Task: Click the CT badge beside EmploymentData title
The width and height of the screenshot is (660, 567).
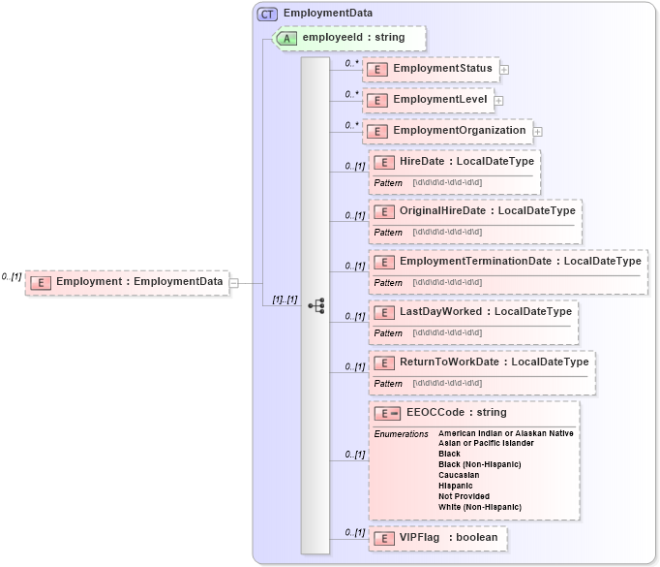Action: (267, 15)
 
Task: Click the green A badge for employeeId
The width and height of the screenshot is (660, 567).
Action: (288, 38)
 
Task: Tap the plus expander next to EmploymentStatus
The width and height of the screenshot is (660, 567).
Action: (504, 70)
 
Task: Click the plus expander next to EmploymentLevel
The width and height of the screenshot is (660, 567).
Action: (498, 100)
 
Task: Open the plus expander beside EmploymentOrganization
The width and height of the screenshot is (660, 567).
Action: (538, 131)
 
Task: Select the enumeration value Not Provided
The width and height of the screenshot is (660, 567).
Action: (464, 496)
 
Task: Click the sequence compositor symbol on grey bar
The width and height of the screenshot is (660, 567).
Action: (315, 305)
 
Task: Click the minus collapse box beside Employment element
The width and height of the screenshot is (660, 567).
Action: (233, 283)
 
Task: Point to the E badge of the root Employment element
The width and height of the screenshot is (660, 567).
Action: (41, 283)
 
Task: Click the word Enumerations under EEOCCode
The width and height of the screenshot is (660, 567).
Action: (401, 434)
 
